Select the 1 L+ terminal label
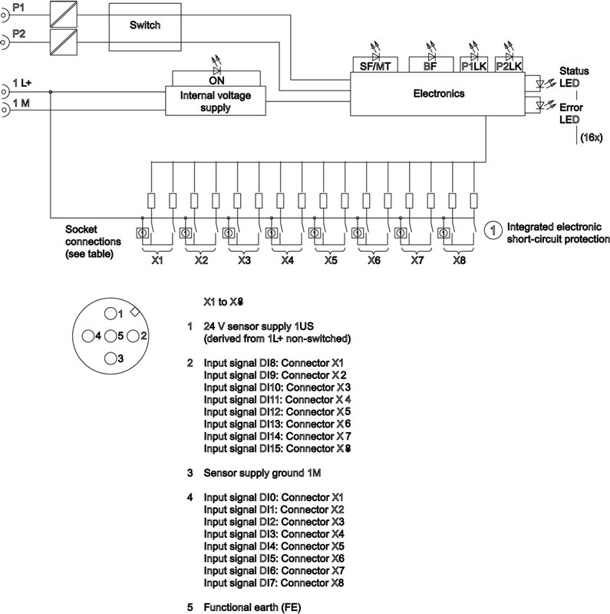[x=21, y=82]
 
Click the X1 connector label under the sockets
[x=157, y=261]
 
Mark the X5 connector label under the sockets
[x=330, y=261]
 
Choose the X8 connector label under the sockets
[x=459, y=261]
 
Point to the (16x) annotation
[x=592, y=137]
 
